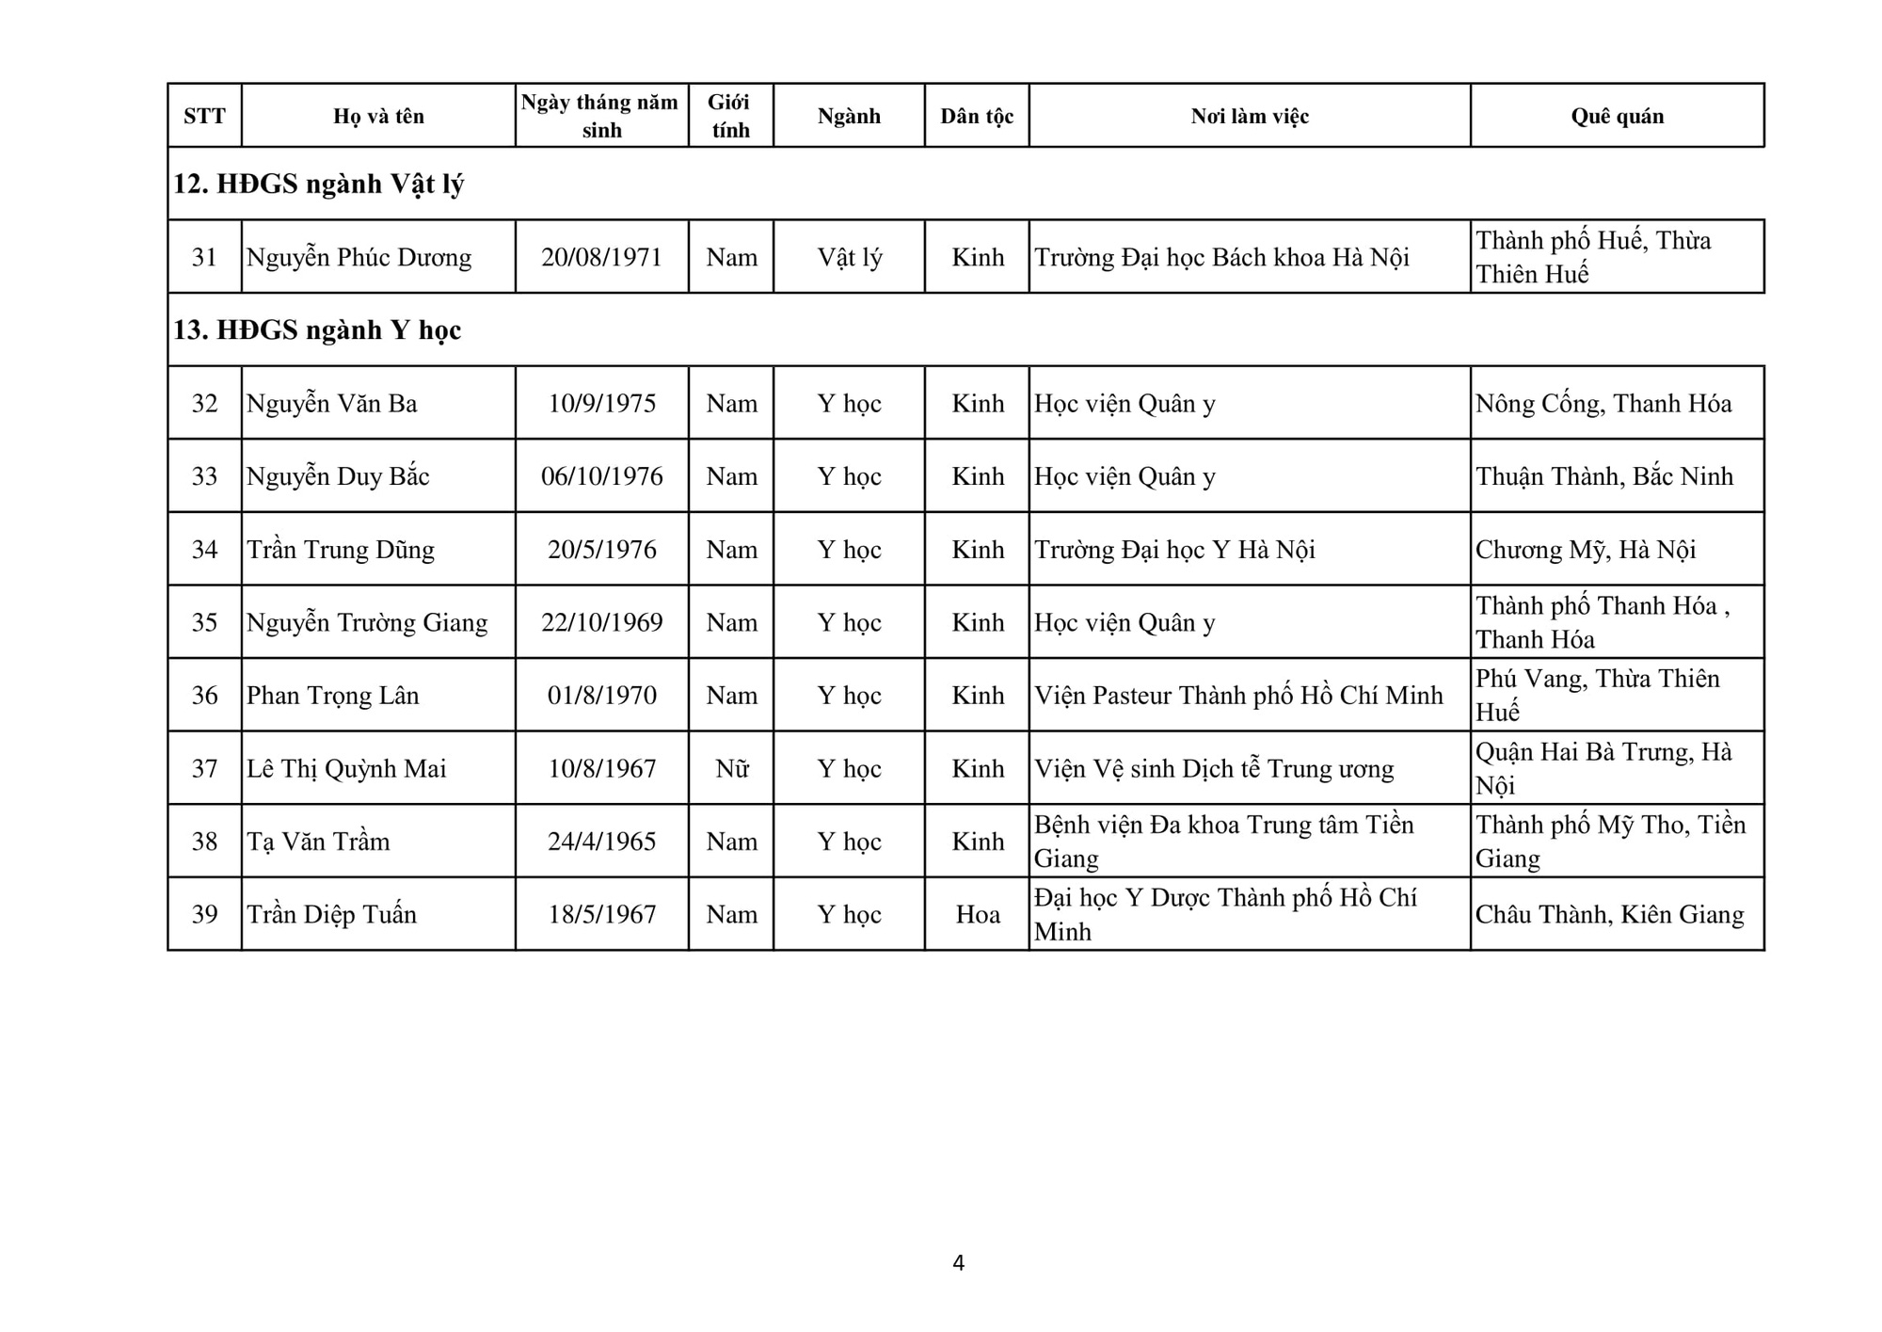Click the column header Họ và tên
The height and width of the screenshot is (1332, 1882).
pos(378,116)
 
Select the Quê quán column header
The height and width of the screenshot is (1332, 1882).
pos(1617,116)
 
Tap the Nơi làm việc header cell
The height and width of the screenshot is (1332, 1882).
pos(1250,116)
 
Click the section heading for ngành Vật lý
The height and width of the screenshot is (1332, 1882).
pos(318,184)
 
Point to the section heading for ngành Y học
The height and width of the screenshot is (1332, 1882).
pos(317,329)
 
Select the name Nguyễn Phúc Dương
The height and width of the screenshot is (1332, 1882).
pos(359,257)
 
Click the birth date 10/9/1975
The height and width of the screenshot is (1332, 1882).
pos(601,403)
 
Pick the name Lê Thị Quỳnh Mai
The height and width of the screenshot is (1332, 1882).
pos(346,768)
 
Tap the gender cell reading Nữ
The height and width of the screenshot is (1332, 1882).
pos(731,768)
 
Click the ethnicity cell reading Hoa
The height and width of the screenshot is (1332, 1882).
pos(977,914)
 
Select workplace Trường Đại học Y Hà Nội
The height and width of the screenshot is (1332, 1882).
pos(1174,549)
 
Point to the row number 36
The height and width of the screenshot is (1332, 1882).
pos(204,695)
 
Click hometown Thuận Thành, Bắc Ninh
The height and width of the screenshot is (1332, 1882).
pos(1603,476)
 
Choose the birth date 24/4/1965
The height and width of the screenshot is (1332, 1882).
pos(601,841)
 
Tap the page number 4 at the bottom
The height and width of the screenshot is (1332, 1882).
pos(958,1262)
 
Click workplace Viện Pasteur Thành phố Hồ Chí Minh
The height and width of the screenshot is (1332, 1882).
pos(1238,695)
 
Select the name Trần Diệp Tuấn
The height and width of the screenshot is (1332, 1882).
pos(331,914)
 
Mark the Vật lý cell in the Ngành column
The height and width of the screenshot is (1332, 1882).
pos(849,257)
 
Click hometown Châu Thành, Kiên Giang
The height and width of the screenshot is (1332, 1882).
pos(1609,914)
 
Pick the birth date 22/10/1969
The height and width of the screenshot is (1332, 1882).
pos(601,622)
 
